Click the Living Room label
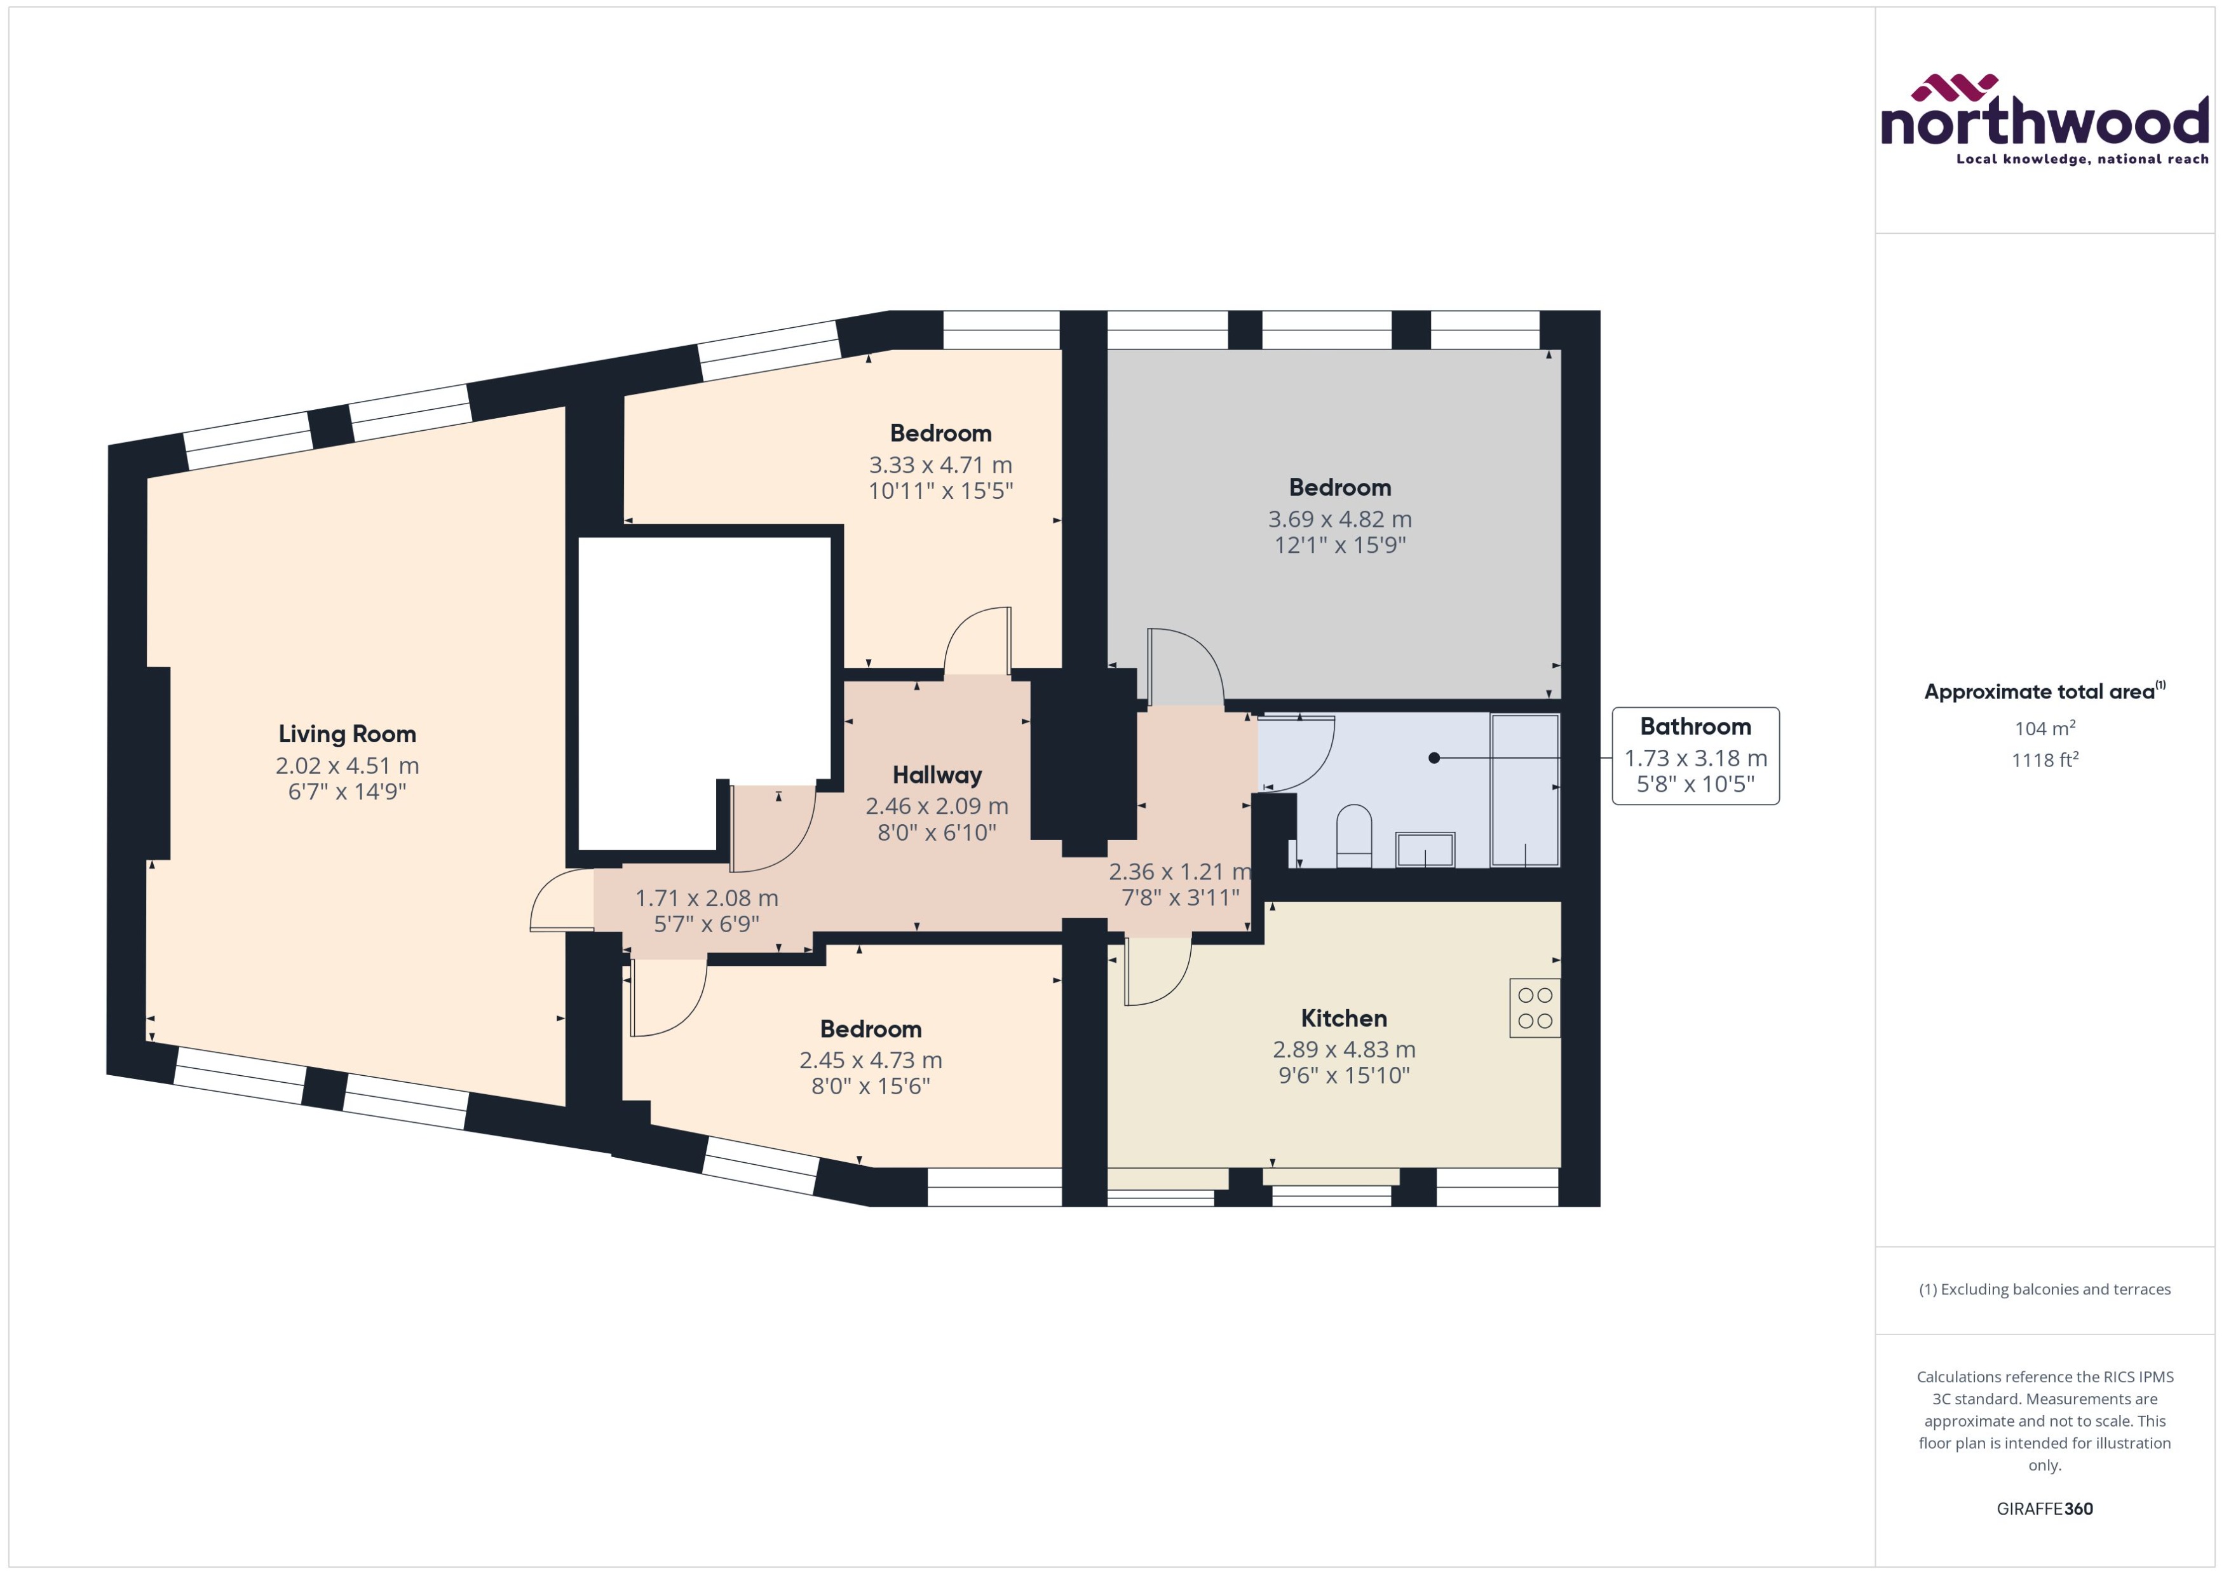tap(347, 734)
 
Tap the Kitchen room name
tap(1343, 1018)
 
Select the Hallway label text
tap(936, 775)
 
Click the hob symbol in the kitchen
tap(1534, 1008)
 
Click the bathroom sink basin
tap(1425, 850)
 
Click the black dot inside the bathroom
tap(1434, 758)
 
